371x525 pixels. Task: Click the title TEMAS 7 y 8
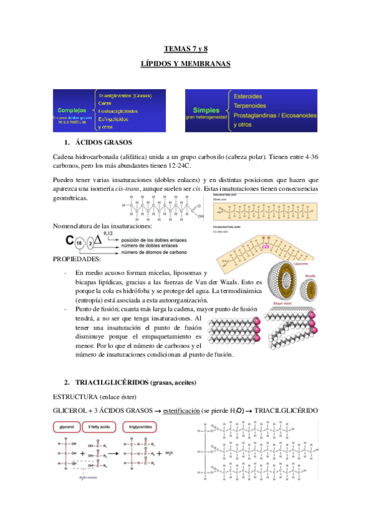pyautogui.click(x=185, y=48)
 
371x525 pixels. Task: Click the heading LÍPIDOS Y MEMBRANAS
pyautogui.click(x=185, y=64)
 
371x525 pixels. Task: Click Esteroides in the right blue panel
pyautogui.click(x=248, y=97)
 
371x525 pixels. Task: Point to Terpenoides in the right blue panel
pyautogui.click(x=250, y=106)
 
